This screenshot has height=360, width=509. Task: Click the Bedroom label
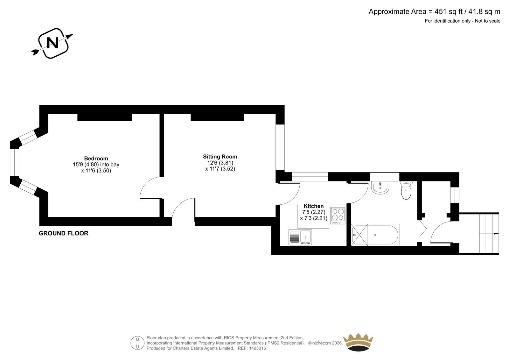(x=96, y=159)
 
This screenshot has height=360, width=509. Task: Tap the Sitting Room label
(x=220, y=157)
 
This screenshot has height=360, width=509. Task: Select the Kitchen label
(x=314, y=206)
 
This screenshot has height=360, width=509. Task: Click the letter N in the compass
(x=52, y=43)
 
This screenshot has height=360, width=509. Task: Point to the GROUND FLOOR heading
(x=63, y=233)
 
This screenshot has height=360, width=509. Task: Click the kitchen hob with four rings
(x=338, y=216)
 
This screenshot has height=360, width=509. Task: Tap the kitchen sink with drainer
(x=300, y=237)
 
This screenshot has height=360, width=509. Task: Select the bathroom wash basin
(x=380, y=188)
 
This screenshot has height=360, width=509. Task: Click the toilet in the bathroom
(x=406, y=191)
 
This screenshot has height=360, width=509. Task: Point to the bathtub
(x=375, y=235)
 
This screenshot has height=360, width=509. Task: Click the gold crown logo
(x=358, y=342)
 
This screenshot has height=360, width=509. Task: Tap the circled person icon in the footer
(x=137, y=343)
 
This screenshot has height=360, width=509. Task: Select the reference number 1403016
(x=257, y=348)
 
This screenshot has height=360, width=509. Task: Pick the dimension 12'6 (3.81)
(x=220, y=163)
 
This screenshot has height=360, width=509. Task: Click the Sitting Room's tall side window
(x=280, y=147)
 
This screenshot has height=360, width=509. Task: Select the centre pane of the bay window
(x=14, y=162)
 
